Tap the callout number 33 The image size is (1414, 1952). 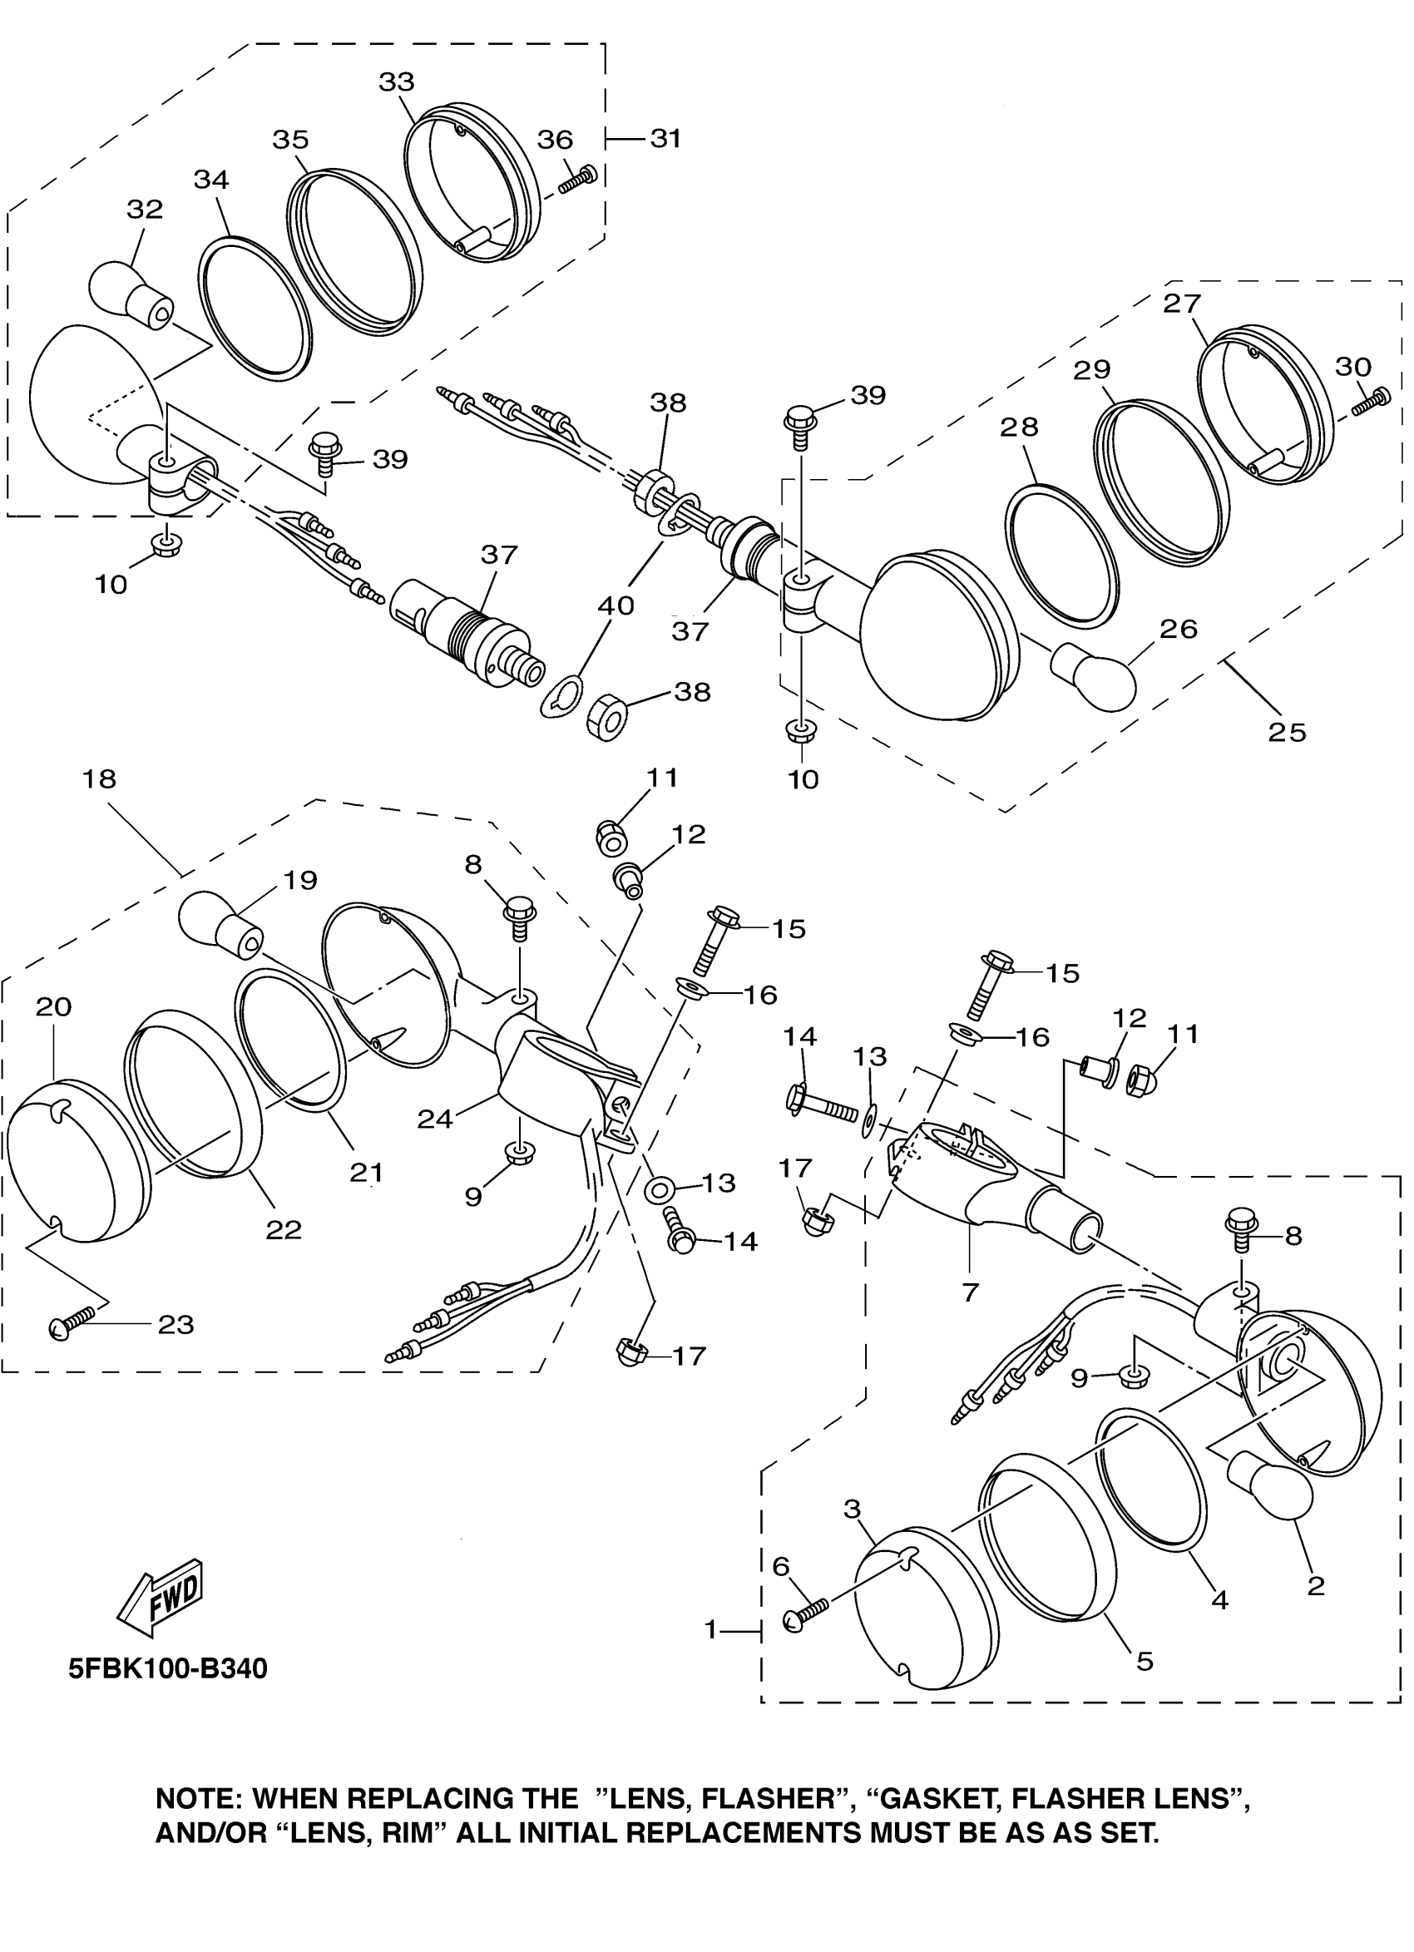(x=397, y=82)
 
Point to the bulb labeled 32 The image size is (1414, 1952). (x=131, y=294)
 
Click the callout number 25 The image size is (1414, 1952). (x=1288, y=732)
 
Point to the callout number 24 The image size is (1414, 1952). (x=435, y=1118)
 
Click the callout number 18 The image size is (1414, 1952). (x=99, y=779)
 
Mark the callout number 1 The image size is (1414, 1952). (x=711, y=1629)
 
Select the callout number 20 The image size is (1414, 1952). (x=53, y=1006)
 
